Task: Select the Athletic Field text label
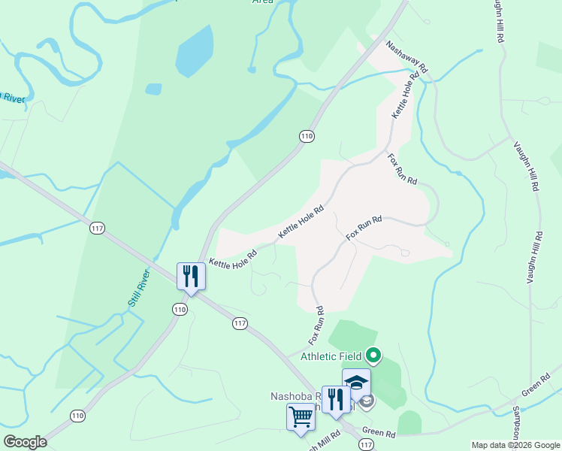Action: tap(331, 356)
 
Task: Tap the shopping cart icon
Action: tap(301, 416)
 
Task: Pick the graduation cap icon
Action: tap(356, 381)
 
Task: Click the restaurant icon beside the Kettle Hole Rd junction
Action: tap(190, 276)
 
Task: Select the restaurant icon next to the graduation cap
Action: tap(335, 398)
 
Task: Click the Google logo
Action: tap(25, 442)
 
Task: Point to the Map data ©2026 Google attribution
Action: tap(515, 445)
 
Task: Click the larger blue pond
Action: tap(194, 50)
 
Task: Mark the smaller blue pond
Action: tap(153, 89)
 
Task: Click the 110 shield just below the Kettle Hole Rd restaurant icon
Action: tap(179, 310)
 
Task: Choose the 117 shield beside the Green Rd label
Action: tap(366, 445)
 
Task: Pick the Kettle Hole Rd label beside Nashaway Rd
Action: tap(403, 95)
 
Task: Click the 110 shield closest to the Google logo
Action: tap(78, 416)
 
